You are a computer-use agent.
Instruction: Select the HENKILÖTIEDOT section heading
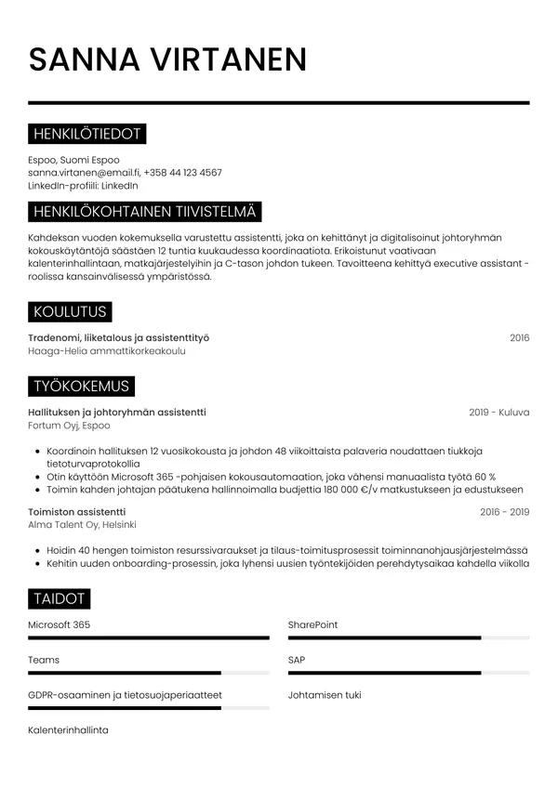point(86,135)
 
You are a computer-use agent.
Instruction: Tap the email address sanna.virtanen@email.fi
point(84,173)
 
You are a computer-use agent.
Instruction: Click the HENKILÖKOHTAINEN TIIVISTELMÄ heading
point(144,213)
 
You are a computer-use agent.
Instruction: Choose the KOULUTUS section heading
point(70,311)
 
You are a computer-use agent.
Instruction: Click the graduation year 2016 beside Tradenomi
point(519,338)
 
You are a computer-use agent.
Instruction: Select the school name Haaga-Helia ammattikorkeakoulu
point(107,351)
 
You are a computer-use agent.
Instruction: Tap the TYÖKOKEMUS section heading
point(82,386)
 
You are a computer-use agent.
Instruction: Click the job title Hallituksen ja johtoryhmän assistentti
point(117,413)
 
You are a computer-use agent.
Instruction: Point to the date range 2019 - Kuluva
point(498,413)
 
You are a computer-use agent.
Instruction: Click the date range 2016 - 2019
point(504,512)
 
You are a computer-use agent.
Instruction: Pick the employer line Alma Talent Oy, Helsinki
point(82,525)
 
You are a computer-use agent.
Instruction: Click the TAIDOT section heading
point(60,598)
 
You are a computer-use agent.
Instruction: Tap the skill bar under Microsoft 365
point(149,637)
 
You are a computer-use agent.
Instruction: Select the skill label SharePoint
point(312,625)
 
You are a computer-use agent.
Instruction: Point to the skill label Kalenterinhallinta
point(68,730)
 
